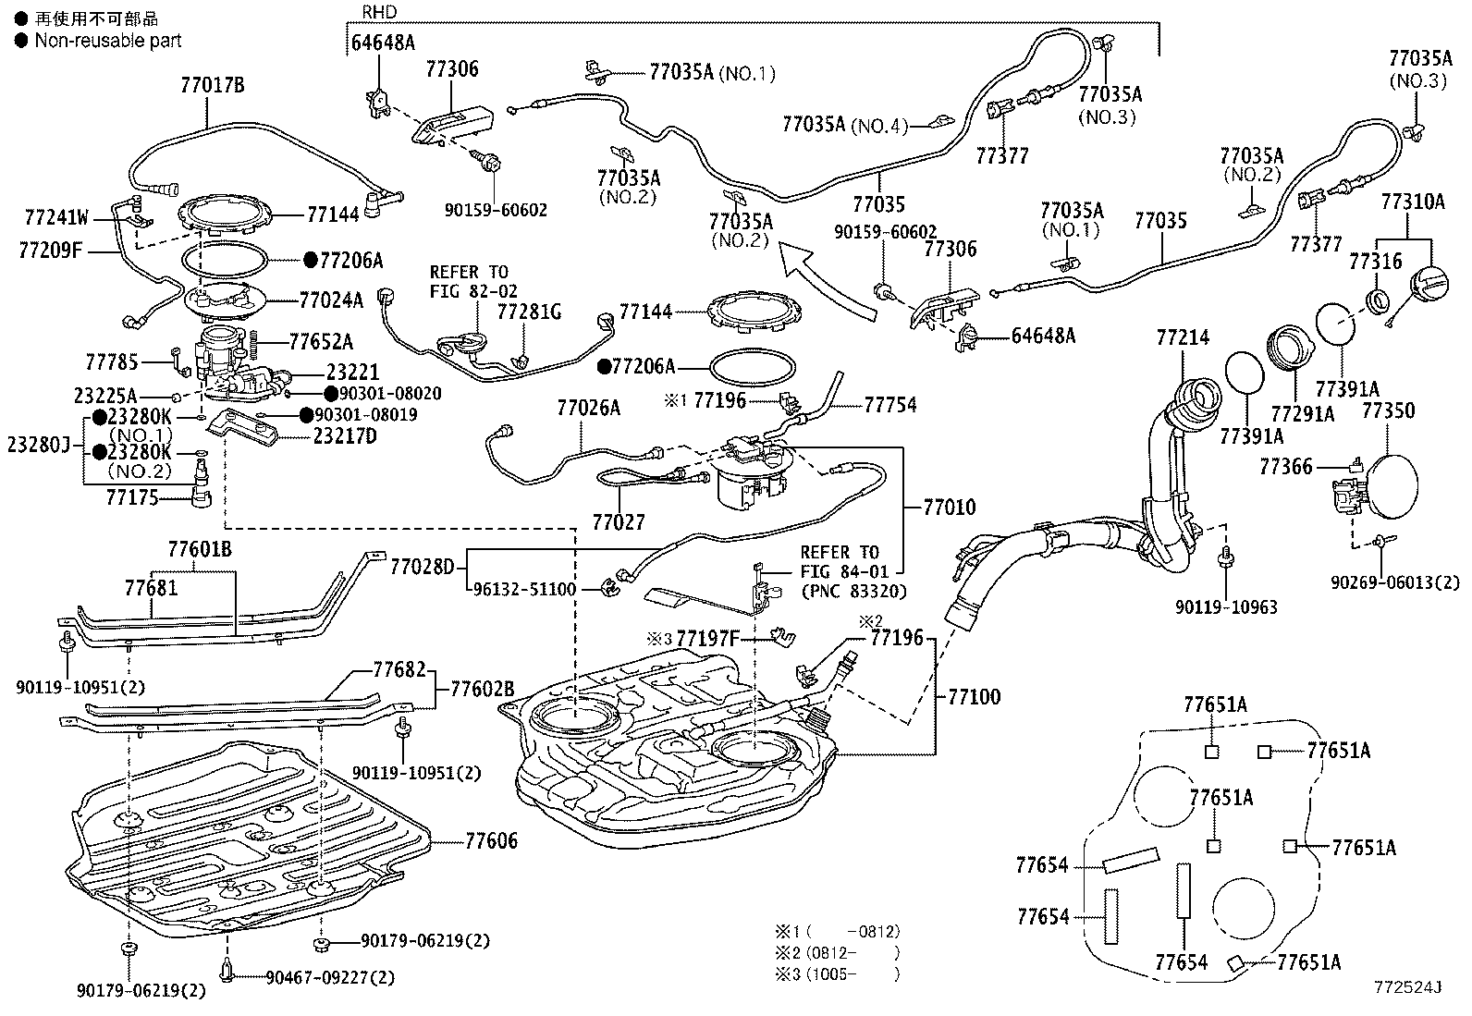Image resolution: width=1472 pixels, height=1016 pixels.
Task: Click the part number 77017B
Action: point(213,85)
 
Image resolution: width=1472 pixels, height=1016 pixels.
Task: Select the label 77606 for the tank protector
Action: point(492,840)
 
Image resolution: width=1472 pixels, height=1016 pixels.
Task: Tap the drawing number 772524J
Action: point(1407,987)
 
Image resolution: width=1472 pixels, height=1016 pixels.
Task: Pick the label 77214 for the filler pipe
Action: point(1183,337)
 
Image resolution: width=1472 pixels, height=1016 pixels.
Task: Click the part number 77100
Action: point(974,697)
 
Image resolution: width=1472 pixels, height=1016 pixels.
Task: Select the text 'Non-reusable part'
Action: point(108,41)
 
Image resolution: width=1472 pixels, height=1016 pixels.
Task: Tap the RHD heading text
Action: point(379,12)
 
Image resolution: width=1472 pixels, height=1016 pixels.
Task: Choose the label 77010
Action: point(950,507)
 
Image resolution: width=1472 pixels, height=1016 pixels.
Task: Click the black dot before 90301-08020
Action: point(331,394)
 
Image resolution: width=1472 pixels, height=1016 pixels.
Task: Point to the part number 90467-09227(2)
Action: point(330,978)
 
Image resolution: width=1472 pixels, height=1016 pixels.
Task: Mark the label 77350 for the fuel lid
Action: point(1388,410)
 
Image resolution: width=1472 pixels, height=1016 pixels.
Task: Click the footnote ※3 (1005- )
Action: point(838,974)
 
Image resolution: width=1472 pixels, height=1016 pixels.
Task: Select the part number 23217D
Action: point(345,436)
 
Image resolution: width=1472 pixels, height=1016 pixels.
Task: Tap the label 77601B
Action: point(200,549)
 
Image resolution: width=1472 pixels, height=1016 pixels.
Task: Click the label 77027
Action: point(619,522)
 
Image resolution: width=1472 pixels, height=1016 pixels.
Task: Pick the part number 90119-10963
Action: point(1226,606)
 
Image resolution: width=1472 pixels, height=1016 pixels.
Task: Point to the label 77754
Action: point(889,405)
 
